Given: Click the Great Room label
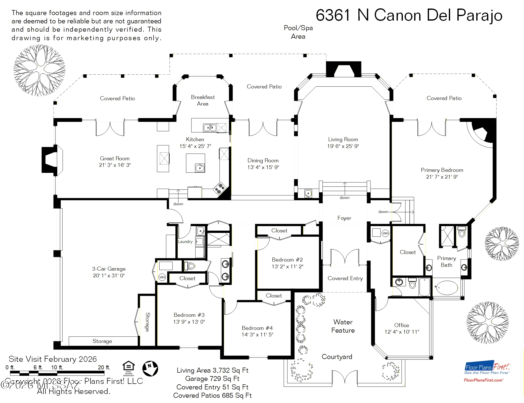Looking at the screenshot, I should [115, 159].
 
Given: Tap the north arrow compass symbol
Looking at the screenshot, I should [150, 369].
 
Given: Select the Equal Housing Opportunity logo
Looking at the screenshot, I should [128, 368].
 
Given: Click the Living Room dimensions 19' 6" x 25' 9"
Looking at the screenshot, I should [343, 146].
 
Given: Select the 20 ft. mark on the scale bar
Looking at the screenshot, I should [104, 367].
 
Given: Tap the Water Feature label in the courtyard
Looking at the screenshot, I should [343, 326].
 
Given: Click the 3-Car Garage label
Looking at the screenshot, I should [109, 269].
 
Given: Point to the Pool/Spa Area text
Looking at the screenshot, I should [298, 32].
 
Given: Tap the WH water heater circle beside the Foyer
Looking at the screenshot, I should [385, 233].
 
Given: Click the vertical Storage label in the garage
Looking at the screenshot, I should [148, 322].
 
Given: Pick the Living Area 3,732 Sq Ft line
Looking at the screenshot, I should [212, 370].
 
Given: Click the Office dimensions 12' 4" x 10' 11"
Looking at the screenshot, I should [402, 332].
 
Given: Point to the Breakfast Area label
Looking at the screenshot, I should [203, 100].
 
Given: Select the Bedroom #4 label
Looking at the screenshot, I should [257, 328].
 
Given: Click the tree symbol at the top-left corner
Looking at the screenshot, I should [39, 70].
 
